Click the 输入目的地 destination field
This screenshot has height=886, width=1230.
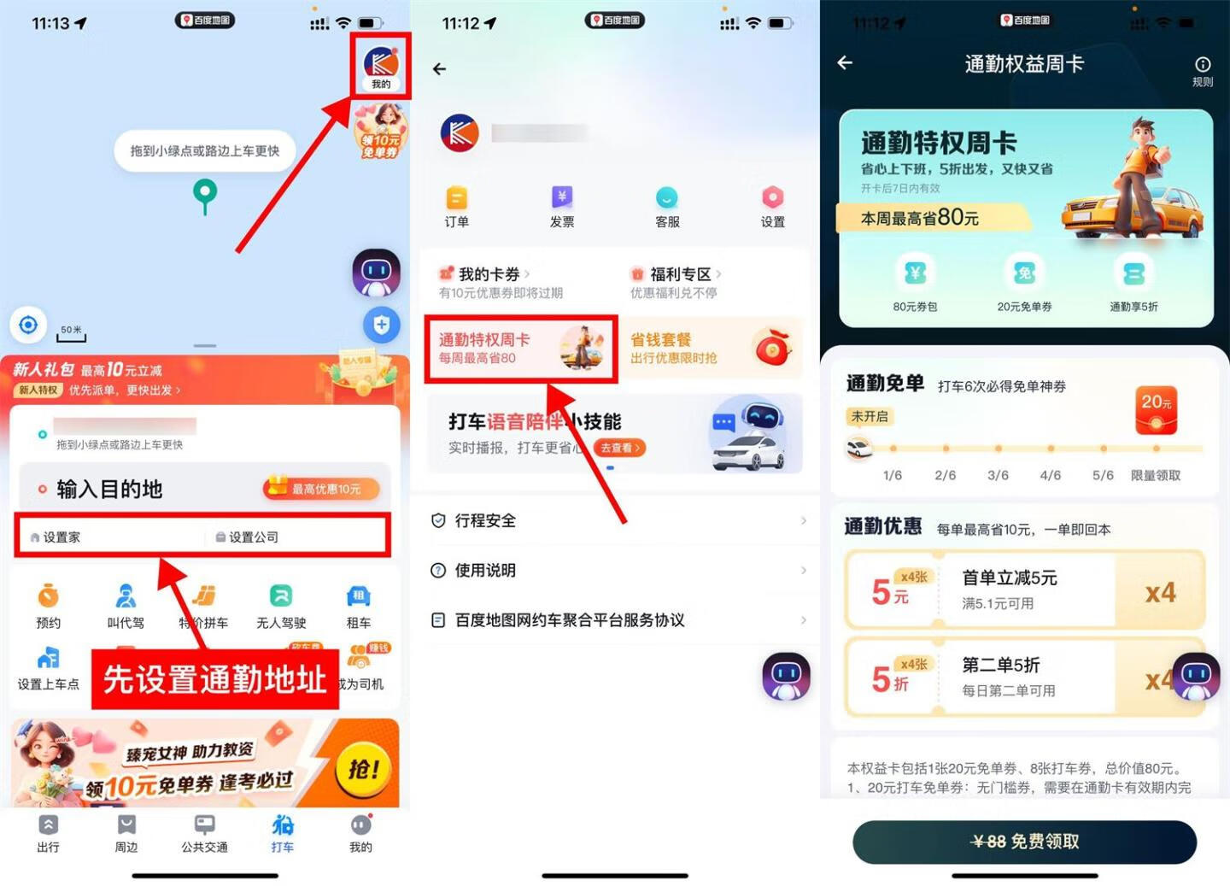coord(110,489)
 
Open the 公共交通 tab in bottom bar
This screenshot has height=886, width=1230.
coord(204,833)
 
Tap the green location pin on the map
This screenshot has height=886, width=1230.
coord(204,193)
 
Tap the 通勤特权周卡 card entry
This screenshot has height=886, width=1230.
coord(520,348)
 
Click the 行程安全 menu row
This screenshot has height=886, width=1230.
coord(615,520)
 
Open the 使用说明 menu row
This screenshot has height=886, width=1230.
coord(615,570)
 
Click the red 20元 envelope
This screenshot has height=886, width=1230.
coord(1157,410)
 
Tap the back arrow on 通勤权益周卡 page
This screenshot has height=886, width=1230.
coord(845,63)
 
